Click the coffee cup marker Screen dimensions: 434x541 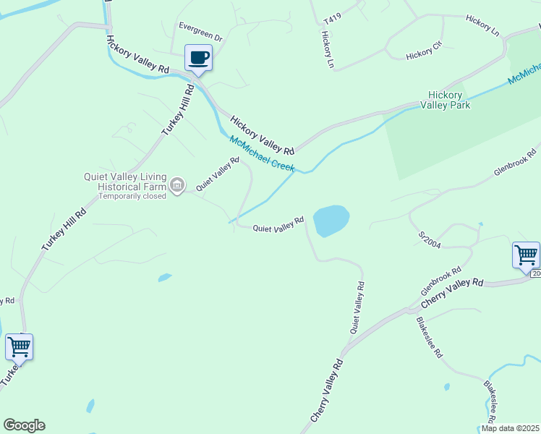click(x=198, y=58)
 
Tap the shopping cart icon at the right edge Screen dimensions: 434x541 click(x=526, y=255)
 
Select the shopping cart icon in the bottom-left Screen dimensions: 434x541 click(x=19, y=346)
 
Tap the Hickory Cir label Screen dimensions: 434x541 click(x=424, y=54)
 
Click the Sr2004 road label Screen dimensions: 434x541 click(x=430, y=239)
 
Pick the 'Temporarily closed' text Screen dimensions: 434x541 click(x=132, y=196)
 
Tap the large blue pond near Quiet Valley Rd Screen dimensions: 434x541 click(x=331, y=220)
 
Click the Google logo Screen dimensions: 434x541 click(x=24, y=425)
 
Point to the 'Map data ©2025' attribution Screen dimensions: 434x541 click(x=509, y=428)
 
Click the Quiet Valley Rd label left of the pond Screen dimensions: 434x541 click(x=278, y=226)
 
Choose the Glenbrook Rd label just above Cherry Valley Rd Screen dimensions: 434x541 click(x=440, y=281)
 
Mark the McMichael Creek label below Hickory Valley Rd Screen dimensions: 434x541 click(x=262, y=154)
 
